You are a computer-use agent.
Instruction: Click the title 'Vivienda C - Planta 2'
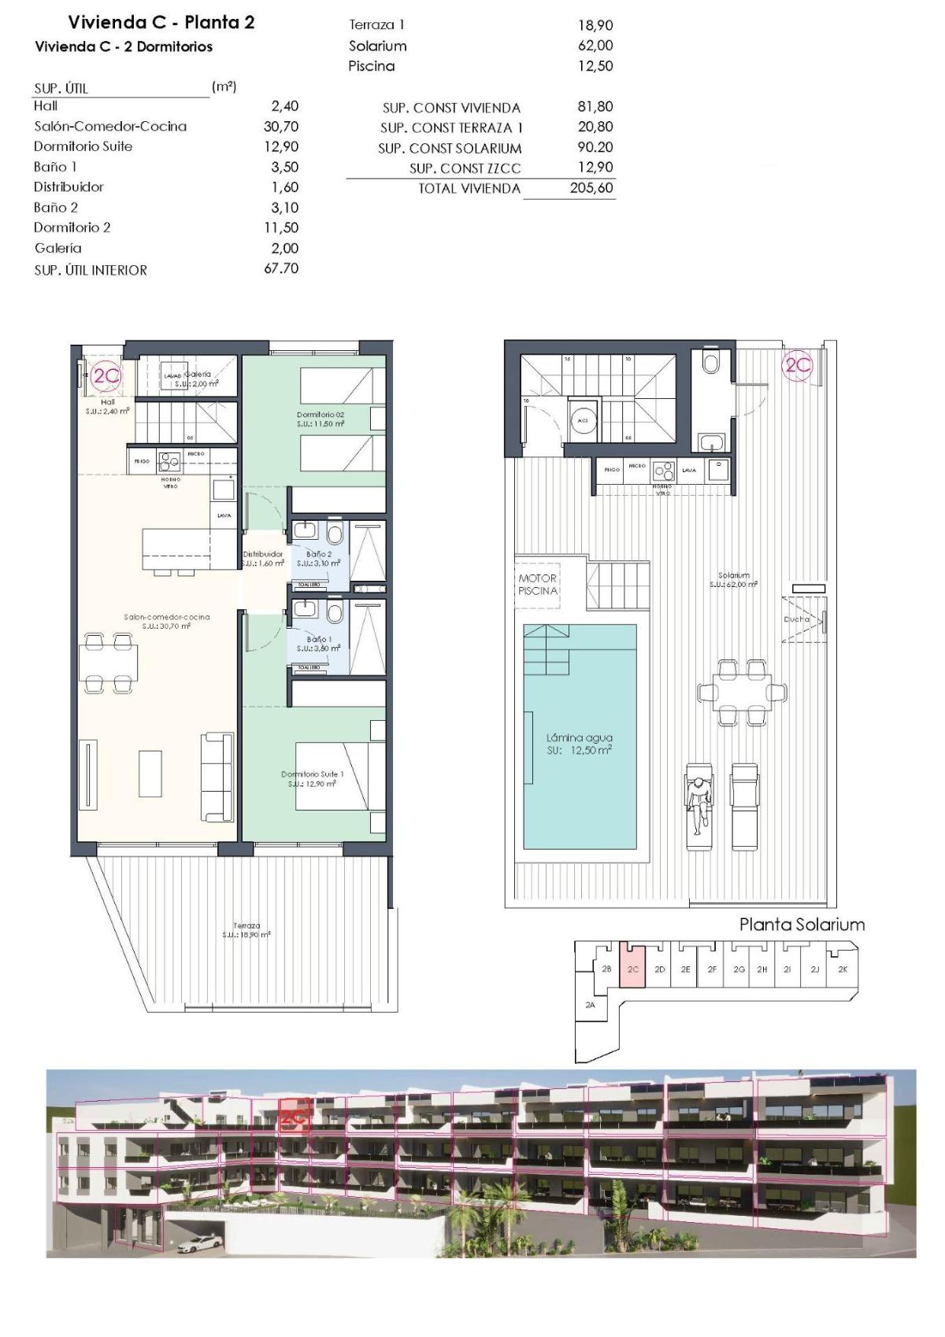click(161, 22)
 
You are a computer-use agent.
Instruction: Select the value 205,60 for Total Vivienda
click(591, 188)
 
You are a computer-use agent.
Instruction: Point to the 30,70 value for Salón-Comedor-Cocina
click(281, 126)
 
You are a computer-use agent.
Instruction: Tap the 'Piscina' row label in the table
click(372, 66)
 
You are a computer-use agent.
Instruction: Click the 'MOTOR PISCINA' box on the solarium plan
click(538, 584)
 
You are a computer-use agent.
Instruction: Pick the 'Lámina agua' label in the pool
click(579, 738)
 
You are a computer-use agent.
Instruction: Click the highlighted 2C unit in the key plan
click(633, 970)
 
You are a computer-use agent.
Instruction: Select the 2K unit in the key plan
click(843, 970)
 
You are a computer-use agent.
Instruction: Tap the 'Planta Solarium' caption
click(801, 925)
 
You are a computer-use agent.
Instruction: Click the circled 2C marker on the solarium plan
click(797, 365)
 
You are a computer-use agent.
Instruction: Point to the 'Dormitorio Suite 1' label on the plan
click(313, 774)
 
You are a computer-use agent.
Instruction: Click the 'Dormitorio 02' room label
click(320, 415)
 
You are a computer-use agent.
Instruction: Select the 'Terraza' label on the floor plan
click(246, 926)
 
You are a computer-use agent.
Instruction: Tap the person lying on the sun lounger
click(697, 803)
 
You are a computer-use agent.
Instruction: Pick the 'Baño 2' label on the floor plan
click(319, 554)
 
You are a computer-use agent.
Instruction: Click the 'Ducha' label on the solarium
click(796, 619)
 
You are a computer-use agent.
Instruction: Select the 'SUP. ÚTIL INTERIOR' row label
click(91, 270)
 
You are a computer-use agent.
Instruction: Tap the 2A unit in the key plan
click(591, 1005)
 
